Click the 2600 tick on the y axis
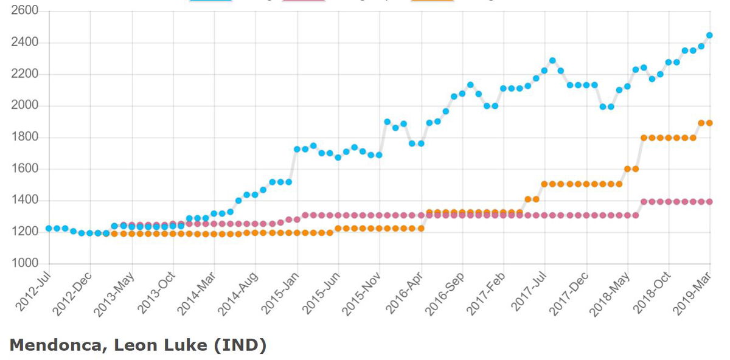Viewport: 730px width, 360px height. [26, 12]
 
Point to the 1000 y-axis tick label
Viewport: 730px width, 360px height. [26, 263]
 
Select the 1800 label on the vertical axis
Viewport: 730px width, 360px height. [26, 137]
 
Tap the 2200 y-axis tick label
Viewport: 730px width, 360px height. [26, 74]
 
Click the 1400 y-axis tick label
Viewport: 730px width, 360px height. [26, 201]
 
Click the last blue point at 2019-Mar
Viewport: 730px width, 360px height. [709, 35]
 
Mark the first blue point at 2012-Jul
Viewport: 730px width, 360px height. [49, 229]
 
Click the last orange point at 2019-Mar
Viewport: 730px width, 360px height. [709, 123]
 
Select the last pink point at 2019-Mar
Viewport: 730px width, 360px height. [709, 201]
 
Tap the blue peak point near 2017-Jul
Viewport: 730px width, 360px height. [552, 61]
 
